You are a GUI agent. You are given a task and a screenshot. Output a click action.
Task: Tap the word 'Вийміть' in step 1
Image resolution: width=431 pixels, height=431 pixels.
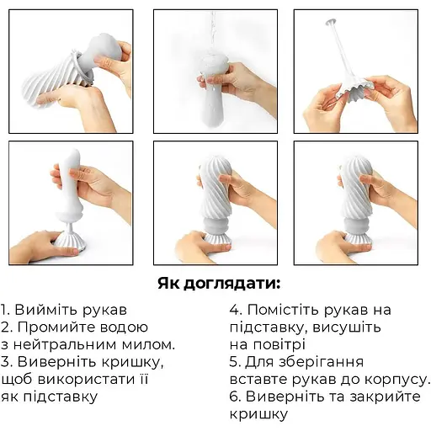46,309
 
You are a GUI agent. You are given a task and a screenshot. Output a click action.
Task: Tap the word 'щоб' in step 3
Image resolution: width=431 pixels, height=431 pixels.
19,379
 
